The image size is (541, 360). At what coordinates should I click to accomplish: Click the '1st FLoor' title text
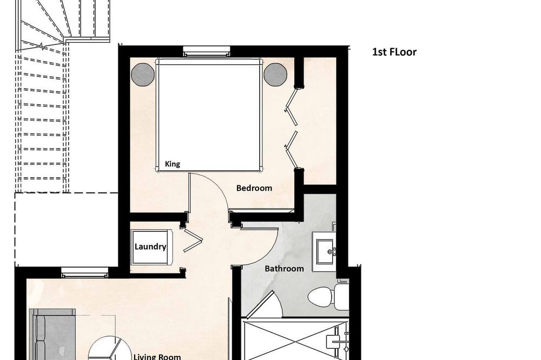[x=394, y=52]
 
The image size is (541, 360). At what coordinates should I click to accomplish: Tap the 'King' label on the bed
[x=172, y=164]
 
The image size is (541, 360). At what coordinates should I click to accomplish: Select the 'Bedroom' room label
[x=254, y=188]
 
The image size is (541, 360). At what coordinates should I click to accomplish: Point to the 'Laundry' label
[x=150, y=246]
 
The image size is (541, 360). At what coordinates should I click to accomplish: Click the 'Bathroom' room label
[x=284, y=268]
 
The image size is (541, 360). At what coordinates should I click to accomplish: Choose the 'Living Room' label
[x=157, y=357]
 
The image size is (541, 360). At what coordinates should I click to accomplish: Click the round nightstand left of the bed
[x=143, y=74]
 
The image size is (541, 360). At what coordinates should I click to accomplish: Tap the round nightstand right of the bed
[x=275, y=74]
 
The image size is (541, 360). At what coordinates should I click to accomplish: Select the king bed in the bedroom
[x=208, y=115]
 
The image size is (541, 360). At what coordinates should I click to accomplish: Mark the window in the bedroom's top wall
[x=206, y=51]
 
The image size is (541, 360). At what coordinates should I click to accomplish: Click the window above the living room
[x=85, y=272]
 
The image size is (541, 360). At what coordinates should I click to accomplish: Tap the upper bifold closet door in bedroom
[x=292, y=106]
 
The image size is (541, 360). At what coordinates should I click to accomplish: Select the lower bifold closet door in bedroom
[x=292, y=149]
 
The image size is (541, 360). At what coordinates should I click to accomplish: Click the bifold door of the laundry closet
[x=192, y=239]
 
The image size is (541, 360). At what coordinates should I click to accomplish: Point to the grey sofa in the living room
[x=52, y=334]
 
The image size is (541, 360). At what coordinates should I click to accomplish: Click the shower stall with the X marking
[x=295, y=340]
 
